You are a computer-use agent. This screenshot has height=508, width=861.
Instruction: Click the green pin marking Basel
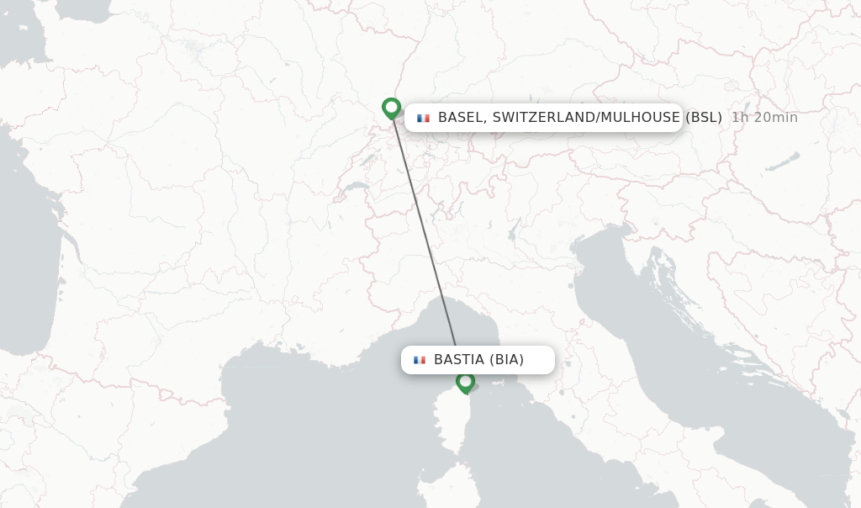coord(391,108)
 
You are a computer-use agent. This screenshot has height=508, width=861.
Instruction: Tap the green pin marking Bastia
coord(465,382)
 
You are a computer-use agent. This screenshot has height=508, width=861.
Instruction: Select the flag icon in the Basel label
coord(423,118)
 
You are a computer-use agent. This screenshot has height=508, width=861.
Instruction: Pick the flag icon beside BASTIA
coord(419,360)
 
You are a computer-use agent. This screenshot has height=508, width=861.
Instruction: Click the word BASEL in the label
coord(460,118)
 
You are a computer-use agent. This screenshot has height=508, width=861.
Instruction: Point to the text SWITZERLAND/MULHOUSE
coord(586,118)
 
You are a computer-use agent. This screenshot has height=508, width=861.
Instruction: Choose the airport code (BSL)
coord(704,118)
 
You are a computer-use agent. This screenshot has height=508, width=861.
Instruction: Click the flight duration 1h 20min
coord(764,118)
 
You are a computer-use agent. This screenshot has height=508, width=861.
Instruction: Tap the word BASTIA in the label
coord(459,360)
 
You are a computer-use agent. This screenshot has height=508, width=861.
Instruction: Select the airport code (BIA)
coord(507,360)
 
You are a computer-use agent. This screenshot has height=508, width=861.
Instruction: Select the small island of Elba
coord(505,385)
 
